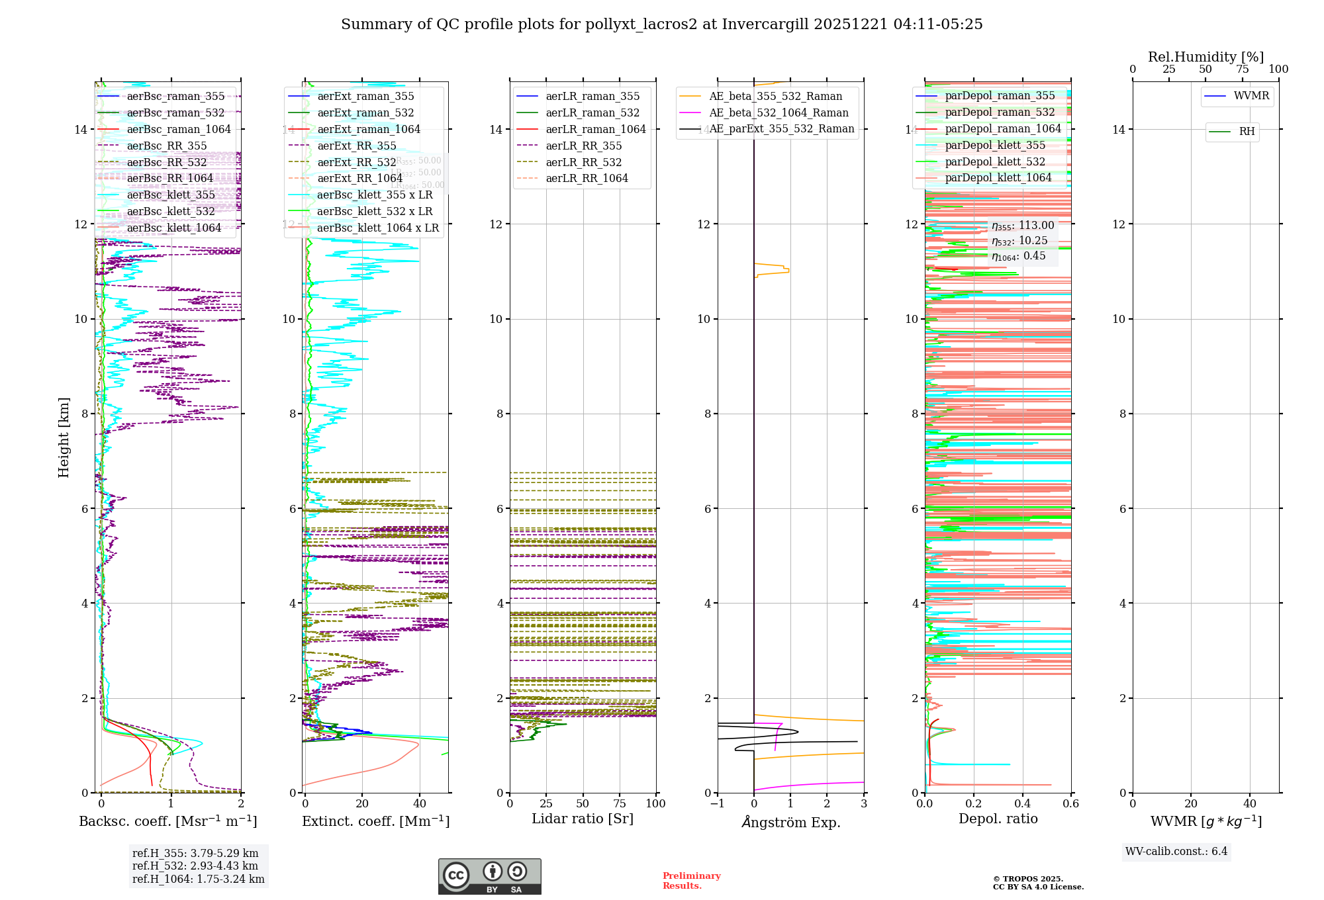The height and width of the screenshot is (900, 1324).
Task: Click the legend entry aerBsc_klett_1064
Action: [x=174, y=228]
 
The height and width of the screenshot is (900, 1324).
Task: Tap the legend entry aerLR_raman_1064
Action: [x=595, y=130]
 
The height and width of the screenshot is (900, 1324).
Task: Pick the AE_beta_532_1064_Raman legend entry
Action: [x=779, y=113]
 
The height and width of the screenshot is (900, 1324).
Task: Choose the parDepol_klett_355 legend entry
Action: [x=994, y=146]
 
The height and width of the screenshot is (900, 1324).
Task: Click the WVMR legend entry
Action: [x=1251, y=96]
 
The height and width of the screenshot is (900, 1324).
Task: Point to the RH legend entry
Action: [x=1247, y=132]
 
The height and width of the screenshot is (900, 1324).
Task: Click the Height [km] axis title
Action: [x=64, y=437]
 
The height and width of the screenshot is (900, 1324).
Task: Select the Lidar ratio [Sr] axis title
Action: [x=583, y=819]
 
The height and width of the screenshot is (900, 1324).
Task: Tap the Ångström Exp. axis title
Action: [x=790, y=822]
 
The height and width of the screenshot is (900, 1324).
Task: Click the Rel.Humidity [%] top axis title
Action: [x=1206, y=57]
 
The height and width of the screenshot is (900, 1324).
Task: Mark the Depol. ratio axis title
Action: [x=998, y=819]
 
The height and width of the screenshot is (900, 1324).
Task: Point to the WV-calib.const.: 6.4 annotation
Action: [x=1176, y=851]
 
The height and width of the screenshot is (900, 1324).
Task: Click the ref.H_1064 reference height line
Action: [x=198, y=879]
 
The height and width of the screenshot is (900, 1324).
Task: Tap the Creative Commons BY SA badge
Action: [x=489, y=876]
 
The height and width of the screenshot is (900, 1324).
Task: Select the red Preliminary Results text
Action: [x=691, y=881]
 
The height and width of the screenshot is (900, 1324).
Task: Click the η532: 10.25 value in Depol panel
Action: [x=1019, y=241]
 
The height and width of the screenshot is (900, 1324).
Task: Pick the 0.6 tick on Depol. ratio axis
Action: [x=1070, y=804]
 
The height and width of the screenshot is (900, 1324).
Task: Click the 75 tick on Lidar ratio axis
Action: [x=620, y=804]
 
